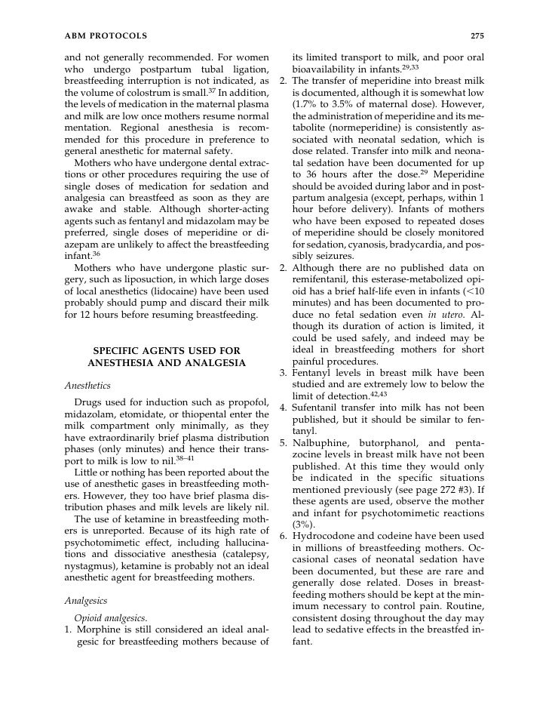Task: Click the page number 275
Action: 476,35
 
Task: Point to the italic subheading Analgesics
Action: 86,601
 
